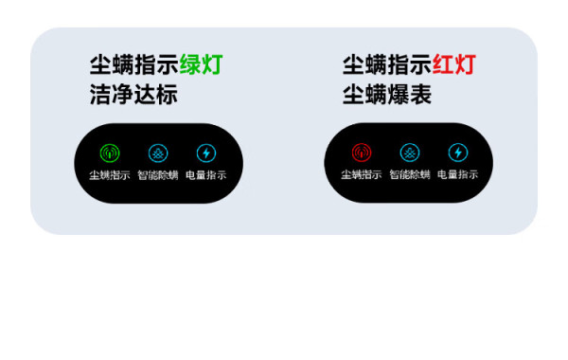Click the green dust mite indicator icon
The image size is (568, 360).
[x=110, y=153]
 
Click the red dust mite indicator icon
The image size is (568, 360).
[x=362, y=153]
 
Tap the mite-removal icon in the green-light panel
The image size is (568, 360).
[x=158, y=153]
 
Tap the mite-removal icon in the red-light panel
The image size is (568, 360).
[x=410, y=153]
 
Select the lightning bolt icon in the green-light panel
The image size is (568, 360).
[x=206, y=153]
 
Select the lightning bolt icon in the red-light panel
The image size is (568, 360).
[x=458, y=153]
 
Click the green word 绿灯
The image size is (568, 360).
[x=201, y=64]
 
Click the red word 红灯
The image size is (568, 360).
[x=453, y=64]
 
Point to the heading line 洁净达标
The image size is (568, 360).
[x=133, y=94]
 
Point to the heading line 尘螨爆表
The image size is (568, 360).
[x=387, y=94]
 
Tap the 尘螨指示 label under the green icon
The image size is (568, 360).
[x=110, y=175]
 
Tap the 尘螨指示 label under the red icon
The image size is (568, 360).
[x=362, y=174]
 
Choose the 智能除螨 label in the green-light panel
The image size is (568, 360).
[x=158, y=175]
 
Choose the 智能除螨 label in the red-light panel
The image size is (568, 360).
[x=410, y=174]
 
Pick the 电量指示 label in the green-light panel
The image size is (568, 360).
[x=206, y=175]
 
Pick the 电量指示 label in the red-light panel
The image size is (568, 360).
[x=458, y=174]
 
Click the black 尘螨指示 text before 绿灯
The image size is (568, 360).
[x=134, y=64]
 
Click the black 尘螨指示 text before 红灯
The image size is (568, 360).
[x=387, y=64]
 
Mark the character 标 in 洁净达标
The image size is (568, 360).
[x=167, y=94]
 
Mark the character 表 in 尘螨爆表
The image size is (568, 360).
[x=420, y=94]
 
